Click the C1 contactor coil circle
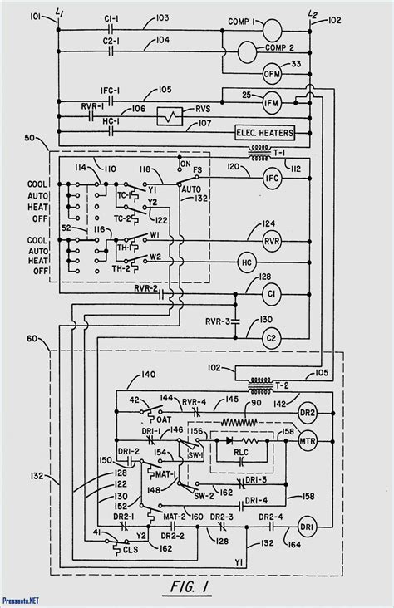tap(273, 294)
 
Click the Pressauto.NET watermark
tap(25, 601)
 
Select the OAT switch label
tap(163, 419)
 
